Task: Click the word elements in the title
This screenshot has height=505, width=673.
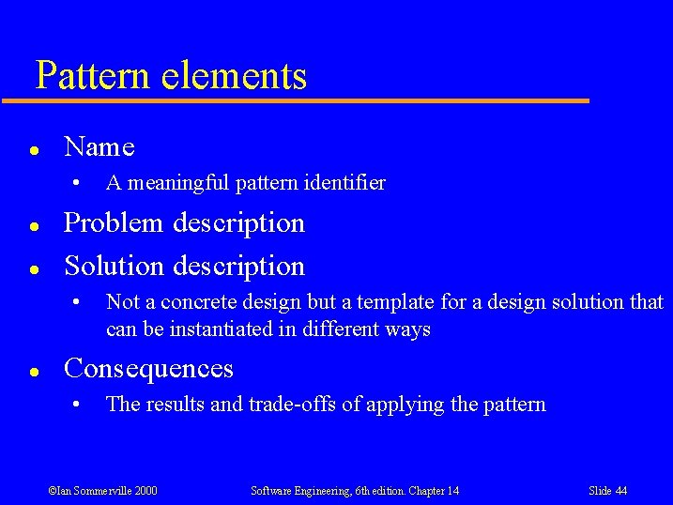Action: point(234,76)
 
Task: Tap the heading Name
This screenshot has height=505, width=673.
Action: point(99,147)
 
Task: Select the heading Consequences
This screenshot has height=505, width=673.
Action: point(148,369)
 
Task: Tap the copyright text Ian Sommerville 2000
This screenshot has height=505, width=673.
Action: point(102,491)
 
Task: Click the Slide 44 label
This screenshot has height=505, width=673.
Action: point(607,491)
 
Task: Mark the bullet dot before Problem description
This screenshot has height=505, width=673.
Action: point(33,226)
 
